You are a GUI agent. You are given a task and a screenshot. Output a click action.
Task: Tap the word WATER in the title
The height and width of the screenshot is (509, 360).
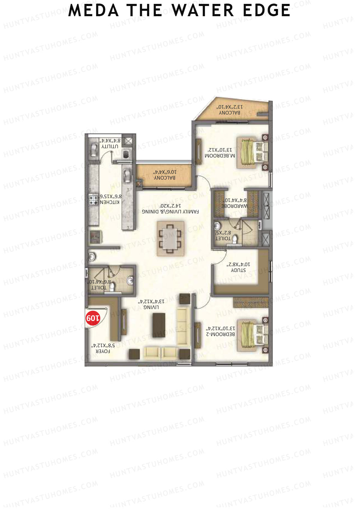coord(203,10)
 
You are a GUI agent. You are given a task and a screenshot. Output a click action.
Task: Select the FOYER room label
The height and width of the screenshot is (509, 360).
coord(103,351)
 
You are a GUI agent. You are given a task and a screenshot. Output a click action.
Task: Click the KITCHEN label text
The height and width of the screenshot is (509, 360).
coord(109,202)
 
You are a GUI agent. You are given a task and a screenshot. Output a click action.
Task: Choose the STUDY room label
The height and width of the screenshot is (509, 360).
coord(238,270)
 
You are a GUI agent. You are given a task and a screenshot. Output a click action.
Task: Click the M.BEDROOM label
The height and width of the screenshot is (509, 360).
coord(220,156)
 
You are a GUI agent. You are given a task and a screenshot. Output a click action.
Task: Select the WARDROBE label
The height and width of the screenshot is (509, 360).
coord(235,206)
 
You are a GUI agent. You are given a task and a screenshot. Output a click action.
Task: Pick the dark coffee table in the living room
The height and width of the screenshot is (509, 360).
coord(159,325)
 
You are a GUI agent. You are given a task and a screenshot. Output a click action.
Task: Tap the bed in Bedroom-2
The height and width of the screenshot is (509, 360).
coord(252,335)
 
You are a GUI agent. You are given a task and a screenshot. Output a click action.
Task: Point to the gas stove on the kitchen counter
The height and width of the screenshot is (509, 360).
coord(93,199)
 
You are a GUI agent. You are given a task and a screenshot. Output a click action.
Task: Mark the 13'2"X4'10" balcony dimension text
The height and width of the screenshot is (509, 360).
coord(230,107)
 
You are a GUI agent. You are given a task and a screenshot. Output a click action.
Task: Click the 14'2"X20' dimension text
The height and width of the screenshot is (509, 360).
coord(170,206)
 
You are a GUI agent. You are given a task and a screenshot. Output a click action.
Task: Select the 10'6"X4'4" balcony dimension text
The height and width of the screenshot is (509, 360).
coord(165,172)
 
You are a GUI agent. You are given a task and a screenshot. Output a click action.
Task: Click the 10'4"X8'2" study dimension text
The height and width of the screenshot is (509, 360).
coord(238,264)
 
